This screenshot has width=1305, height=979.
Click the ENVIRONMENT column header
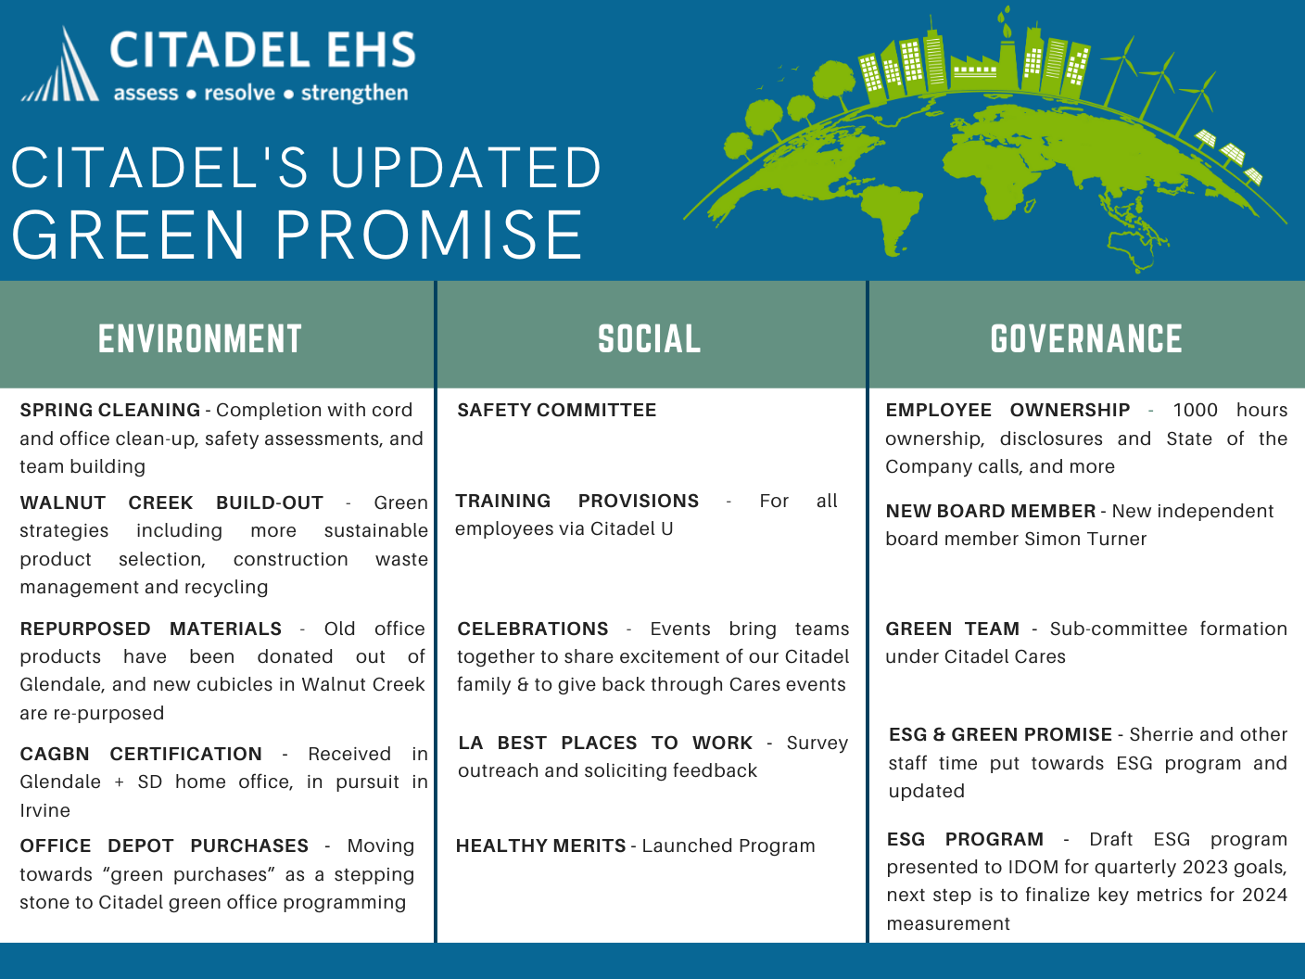200,339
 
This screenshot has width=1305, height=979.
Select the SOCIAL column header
649,339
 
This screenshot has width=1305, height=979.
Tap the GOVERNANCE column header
1086,339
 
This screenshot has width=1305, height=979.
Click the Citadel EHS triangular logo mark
61,67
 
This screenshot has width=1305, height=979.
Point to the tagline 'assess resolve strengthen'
260,94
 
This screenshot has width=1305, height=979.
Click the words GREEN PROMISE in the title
298,234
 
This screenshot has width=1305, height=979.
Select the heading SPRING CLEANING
109,410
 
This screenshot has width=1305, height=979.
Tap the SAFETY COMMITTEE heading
556,410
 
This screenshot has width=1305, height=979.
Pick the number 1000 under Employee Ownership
1195,410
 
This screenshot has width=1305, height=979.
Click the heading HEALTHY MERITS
540,845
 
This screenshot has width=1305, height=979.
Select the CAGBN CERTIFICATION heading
141,754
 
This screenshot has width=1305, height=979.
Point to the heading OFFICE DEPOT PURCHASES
164,845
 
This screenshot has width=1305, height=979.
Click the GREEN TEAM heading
952,629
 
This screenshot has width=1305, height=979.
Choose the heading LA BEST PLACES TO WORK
605,743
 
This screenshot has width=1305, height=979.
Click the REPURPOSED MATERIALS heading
150,629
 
